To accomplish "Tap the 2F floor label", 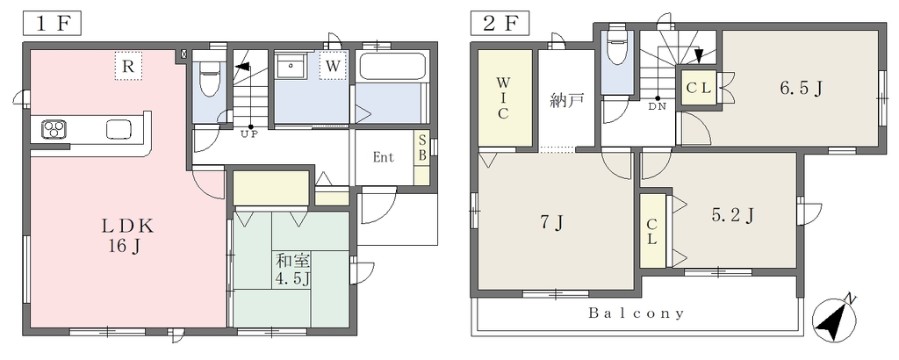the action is click(498, 25).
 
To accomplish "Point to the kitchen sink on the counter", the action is click(119, 129).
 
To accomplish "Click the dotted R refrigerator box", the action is click(128, 65).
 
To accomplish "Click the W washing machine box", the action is click(333, 65).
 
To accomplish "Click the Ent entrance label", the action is click(383, 158).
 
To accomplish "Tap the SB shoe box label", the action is click(421, 148).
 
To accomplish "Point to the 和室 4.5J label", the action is click(293, 270).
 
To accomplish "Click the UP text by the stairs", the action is click(249, 134).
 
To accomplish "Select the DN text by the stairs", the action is click(657, 106).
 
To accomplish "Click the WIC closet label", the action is click(503, 97).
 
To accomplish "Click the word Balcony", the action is click(636, 313).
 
